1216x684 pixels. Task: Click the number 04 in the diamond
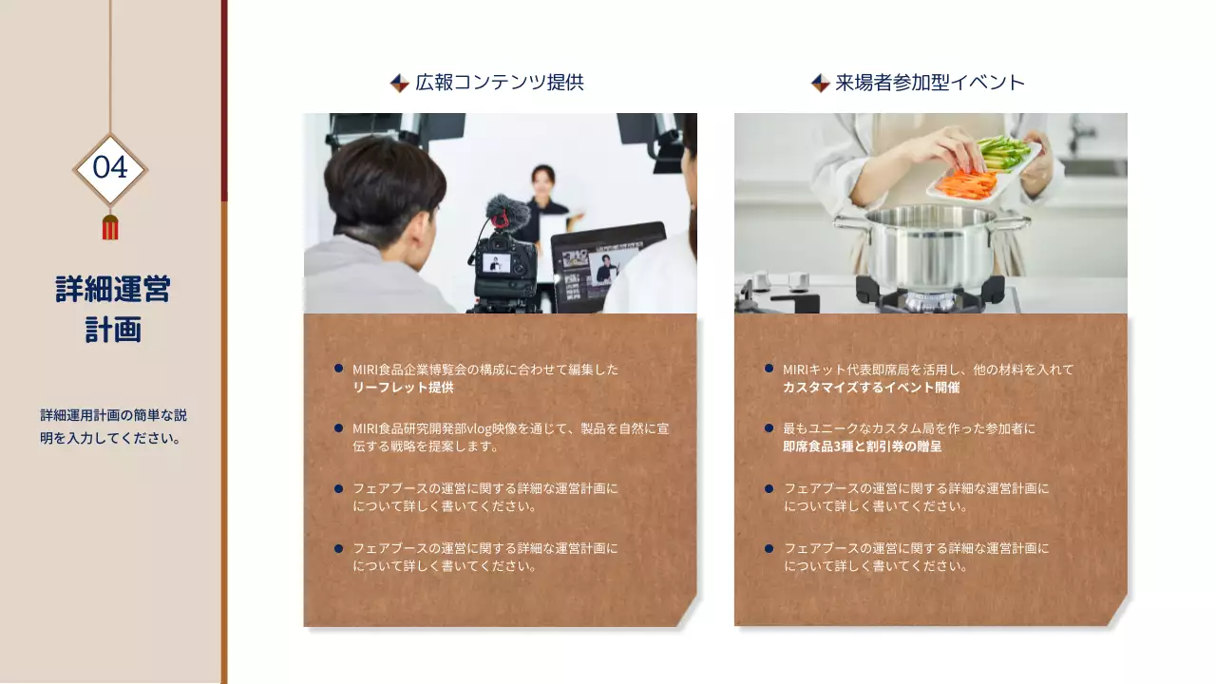110,168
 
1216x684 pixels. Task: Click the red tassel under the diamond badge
110,227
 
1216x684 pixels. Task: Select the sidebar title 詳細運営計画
113,309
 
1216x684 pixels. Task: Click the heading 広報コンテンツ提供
499,83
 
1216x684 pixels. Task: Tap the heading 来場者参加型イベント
930,83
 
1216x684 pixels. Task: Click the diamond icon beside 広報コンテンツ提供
400,84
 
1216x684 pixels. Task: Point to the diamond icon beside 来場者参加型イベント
821,84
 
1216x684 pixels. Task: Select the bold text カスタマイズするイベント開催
871,388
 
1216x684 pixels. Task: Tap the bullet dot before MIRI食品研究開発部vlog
338,428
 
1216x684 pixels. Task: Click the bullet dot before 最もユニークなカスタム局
769,428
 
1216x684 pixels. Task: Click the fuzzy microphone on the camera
504,211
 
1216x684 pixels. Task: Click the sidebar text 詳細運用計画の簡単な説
113,415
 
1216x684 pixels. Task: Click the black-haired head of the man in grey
385,180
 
